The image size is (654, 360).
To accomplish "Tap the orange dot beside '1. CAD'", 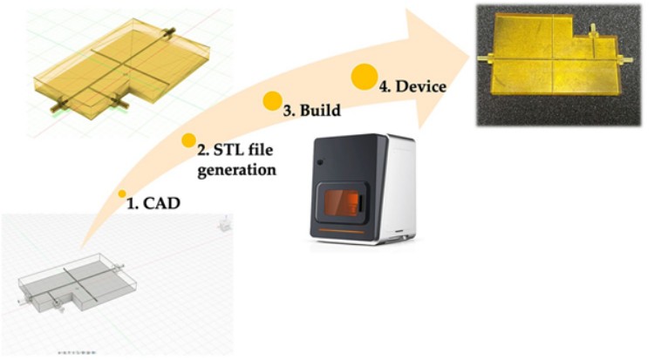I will click(122, 194).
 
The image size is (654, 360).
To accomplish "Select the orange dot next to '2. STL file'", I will click(188, 139).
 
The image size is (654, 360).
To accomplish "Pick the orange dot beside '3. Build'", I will click(273, 101).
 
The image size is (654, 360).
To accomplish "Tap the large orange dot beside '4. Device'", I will click(364, 77).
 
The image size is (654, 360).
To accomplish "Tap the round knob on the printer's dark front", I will click(320, 164).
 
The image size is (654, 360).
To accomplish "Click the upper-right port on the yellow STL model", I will click(168, 31).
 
